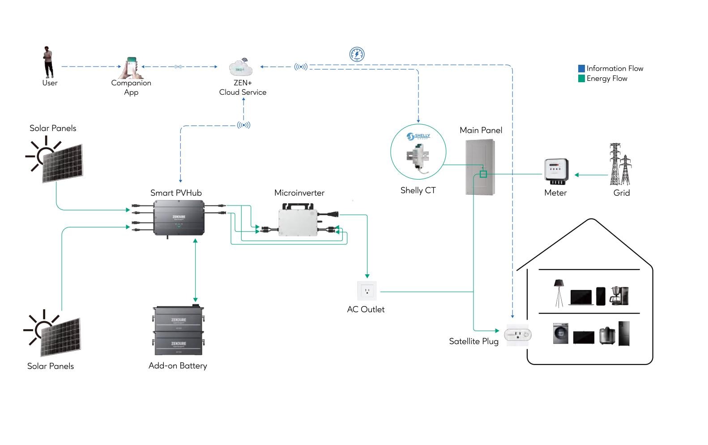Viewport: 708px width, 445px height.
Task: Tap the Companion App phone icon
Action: (132, 67)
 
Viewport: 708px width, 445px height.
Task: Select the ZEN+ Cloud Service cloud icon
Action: (241, 68)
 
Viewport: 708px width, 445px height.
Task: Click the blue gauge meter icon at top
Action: (357, 55)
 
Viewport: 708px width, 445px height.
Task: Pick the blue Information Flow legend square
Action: (581, 68)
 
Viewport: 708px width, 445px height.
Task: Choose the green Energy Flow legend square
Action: (581, 79)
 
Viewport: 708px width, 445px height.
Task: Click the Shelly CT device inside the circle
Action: (418, 157)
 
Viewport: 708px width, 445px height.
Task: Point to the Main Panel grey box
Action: (480, 167)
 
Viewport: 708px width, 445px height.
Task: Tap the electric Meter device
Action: (556, 172)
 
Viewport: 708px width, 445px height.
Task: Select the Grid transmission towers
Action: (620, 164)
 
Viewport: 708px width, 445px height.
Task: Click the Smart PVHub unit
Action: (179, 218)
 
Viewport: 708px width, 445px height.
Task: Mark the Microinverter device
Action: (299, 220)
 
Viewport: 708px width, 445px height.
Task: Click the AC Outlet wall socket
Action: (367, 291)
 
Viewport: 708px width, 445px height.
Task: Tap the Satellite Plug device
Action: (518, 334)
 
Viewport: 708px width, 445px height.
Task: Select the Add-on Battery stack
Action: (178, 331)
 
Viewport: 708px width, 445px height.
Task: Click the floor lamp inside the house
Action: (559, 293)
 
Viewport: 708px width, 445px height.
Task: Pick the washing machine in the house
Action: (560, 334)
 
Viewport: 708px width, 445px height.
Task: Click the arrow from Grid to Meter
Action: (591, 175)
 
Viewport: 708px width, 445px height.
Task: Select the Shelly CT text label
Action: (418, 190)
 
